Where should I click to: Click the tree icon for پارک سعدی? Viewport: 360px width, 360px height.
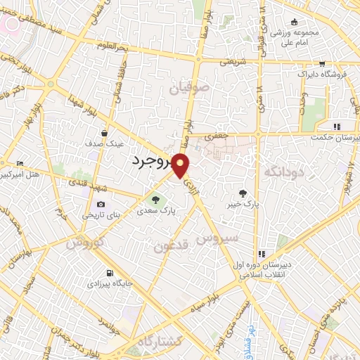tap(155, 199)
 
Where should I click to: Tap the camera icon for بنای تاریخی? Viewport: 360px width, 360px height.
tap(100, 205)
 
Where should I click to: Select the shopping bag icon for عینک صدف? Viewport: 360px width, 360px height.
tap(104, 132)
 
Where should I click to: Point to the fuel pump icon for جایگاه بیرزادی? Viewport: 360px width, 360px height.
tap(108, 274)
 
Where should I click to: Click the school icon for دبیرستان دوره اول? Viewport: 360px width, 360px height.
tap(262, 254)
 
